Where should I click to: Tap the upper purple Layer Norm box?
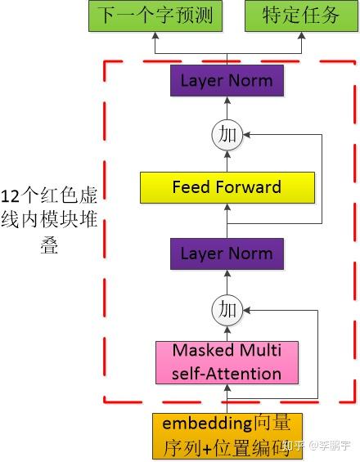point(227,81)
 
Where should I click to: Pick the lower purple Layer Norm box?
point(227,253)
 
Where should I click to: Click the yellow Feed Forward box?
point(227,187)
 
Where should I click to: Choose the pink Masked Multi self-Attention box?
point(227,362)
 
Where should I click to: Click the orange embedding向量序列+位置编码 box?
point(227,436)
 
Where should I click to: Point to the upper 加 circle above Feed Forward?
point(227,134)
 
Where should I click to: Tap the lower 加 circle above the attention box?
point(227,309)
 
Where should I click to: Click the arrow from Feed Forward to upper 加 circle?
point(227,159)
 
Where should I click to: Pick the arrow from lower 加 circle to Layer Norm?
point(227,282)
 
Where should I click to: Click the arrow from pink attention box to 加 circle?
point(227,331)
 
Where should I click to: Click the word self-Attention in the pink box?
point(227,374)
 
